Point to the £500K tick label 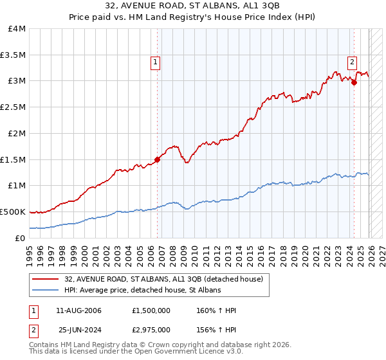click(x=14, y=212)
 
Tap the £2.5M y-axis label click(x=14, y=107)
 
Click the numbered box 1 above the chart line click(x=156, y=62)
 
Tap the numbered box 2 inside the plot click(x=353, y=62)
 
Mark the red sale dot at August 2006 click(x=157, y=159)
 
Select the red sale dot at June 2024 click(x=354, y=82)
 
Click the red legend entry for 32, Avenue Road click(x=163, y=280)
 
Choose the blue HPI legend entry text click(x=142, y=291)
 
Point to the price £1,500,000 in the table click(x=151, y=310)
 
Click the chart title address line click(x=193, y=8)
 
